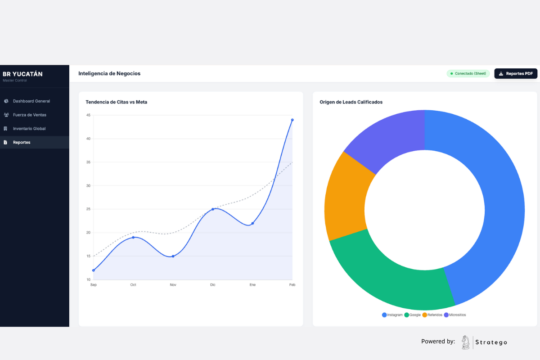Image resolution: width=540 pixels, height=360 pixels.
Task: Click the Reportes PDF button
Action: coord(516,73)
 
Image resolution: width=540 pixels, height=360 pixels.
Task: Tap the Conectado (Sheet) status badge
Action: coord(468,73)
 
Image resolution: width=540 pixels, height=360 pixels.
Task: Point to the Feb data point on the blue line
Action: coord(292,120)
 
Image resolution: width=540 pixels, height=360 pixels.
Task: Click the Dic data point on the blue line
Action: coord(212,209)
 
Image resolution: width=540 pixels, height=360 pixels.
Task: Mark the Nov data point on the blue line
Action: coord(173,256)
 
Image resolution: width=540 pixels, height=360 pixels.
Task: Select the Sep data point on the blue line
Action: coord(94,270)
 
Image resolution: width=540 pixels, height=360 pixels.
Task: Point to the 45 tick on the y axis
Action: coord(88,115)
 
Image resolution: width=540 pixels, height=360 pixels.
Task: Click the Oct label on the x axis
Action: coord(133,285)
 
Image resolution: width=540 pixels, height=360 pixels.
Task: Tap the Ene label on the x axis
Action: coord(252,285)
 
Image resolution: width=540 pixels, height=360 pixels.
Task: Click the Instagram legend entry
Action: coord(392,315)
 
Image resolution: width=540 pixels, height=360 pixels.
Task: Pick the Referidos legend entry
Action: coord(432,315)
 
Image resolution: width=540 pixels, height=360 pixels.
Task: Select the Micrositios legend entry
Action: coord(455,315)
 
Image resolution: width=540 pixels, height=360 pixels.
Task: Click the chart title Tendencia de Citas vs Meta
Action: coord(117,102)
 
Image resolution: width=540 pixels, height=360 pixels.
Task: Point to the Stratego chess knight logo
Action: coord(465,342)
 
